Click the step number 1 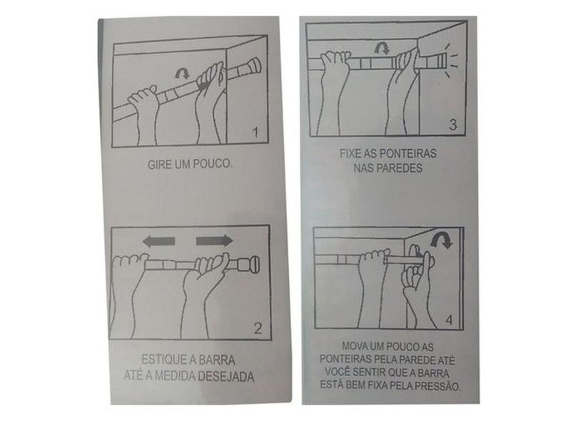[x=255, y=132]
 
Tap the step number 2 [x=258, y=328]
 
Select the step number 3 [x=453, y=125]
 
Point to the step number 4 [x=449, y=320]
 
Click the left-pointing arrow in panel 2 [x=158, y=241]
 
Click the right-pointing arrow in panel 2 [x=215, y=241]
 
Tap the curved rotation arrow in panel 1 [x=182, y=73]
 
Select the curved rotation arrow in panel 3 [x=382, y=49]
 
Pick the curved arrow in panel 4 [x=441, y=240]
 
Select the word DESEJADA [x=226, y=376]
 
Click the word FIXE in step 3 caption [x=350, y=153]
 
